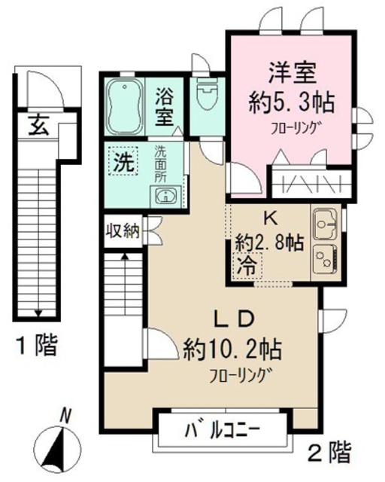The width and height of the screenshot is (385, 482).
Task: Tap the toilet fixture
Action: point(205,96)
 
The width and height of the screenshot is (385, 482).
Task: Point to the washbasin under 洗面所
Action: point(165,197)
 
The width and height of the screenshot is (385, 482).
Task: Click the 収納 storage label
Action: point(121,230)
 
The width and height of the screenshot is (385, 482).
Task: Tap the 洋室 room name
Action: point(293,74)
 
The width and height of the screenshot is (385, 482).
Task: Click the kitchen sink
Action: point(324,224)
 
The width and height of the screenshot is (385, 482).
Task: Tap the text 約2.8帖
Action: point(268,243)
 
